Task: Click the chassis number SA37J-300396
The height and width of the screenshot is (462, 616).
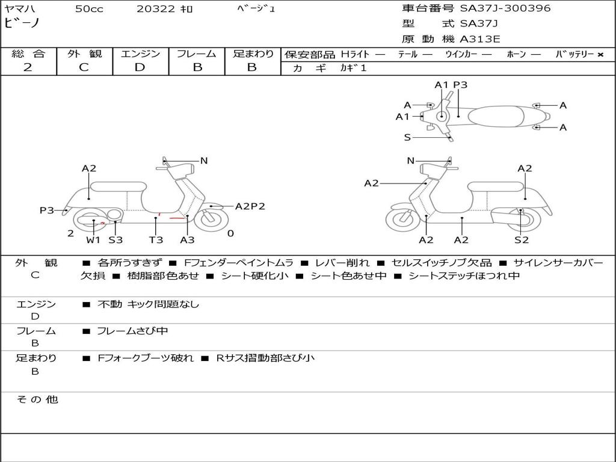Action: [x=505, y=8]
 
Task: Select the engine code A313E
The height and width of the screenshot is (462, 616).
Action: [x=480, y=40]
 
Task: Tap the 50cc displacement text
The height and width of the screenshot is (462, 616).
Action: [x=89, y=9]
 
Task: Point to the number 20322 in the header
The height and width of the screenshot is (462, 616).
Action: [x=156, y=9]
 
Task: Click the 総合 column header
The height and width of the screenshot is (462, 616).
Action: [x=28, y=54]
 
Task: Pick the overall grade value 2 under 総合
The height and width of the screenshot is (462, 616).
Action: [x=28, y=67]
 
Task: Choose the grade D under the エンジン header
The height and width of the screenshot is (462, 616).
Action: [x=140, y=67]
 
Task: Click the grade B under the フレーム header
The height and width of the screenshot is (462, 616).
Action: [x=197, y=67]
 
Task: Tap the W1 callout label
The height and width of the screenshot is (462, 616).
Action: [x=93, y=240]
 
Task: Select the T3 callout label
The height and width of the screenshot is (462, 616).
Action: [x=156, y=240]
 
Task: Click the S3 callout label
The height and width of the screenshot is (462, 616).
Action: [x=115, y=240]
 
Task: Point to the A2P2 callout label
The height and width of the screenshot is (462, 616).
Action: [x=250, y=206]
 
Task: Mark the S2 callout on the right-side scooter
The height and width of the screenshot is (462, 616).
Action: [x=521, y=240]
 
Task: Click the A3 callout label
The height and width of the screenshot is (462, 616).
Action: [x=188, y=240]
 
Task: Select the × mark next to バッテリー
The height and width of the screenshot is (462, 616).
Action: [x=600, y=55]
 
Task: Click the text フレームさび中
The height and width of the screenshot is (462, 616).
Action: [x=132, y=331]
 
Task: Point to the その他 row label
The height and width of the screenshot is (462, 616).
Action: [x=37, y=399]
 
